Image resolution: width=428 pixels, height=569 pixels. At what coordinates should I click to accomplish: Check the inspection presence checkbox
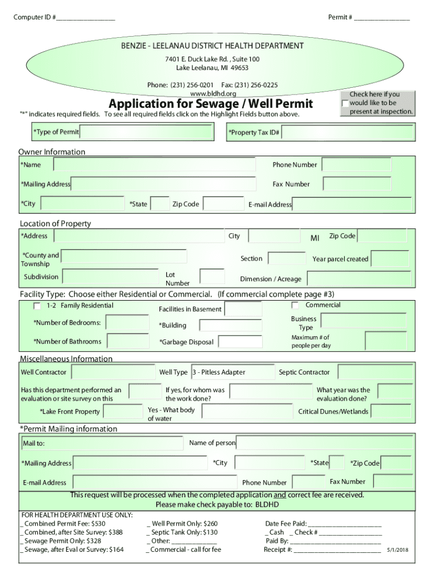(x=345, y=103)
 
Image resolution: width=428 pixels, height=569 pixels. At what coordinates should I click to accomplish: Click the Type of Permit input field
(x=146, y=132)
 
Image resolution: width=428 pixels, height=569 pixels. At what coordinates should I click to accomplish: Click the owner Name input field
(x=154, y=165)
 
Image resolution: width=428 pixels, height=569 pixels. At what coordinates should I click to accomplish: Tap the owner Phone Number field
(x=356, y=165)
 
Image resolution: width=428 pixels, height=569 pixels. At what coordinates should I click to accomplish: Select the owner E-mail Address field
(x=352, y=204)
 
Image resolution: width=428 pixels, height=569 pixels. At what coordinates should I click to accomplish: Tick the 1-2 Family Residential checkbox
(x=37, y=306)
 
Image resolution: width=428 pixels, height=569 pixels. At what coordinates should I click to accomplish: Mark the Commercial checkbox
(x=295, y=306)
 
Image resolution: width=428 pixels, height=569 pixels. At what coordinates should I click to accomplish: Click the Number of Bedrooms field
(x=127, y=323)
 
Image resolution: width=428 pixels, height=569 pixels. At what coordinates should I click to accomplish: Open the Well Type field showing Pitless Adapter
(x=232, y=372)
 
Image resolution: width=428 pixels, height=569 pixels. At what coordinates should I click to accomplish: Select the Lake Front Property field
(x=123, y=412)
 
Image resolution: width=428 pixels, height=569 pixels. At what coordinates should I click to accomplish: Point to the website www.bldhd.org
(x=213, y=93)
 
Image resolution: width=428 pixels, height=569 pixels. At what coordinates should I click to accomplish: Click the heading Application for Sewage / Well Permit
(x=211, y=104)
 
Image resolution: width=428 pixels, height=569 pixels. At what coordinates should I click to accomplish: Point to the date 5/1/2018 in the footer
(x=397, y=550)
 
